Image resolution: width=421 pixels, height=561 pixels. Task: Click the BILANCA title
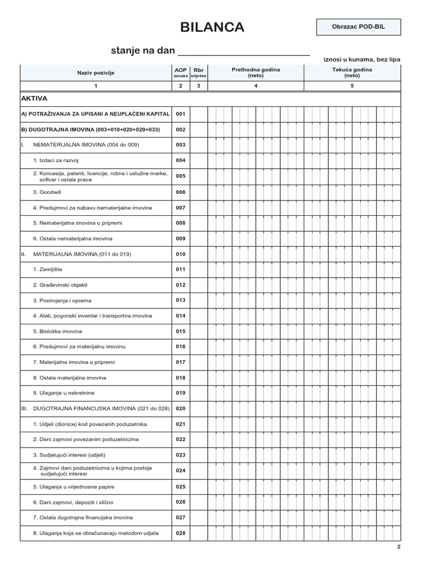click(213, 27)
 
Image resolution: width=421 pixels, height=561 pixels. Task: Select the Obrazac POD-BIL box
click(359, 27)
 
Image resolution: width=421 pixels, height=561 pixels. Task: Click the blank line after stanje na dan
click(244, 51)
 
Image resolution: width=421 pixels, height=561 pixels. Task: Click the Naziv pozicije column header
click(96, 73)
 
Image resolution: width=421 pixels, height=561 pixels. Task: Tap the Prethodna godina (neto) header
click(255, 73)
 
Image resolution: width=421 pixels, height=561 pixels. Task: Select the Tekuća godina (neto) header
click(352, 73)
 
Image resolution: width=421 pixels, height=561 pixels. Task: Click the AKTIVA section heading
click(35, 99)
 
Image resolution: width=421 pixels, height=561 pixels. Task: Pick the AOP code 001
click(181, 115)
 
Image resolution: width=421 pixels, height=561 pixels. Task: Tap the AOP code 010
click(181, 254)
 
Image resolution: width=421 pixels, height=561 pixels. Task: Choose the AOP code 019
click(181, 393)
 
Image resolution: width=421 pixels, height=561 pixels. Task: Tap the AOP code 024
click(181, 471)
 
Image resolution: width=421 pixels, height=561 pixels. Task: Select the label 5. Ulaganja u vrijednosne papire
click(74, 486)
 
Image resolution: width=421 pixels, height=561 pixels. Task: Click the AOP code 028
click(181, 533)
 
